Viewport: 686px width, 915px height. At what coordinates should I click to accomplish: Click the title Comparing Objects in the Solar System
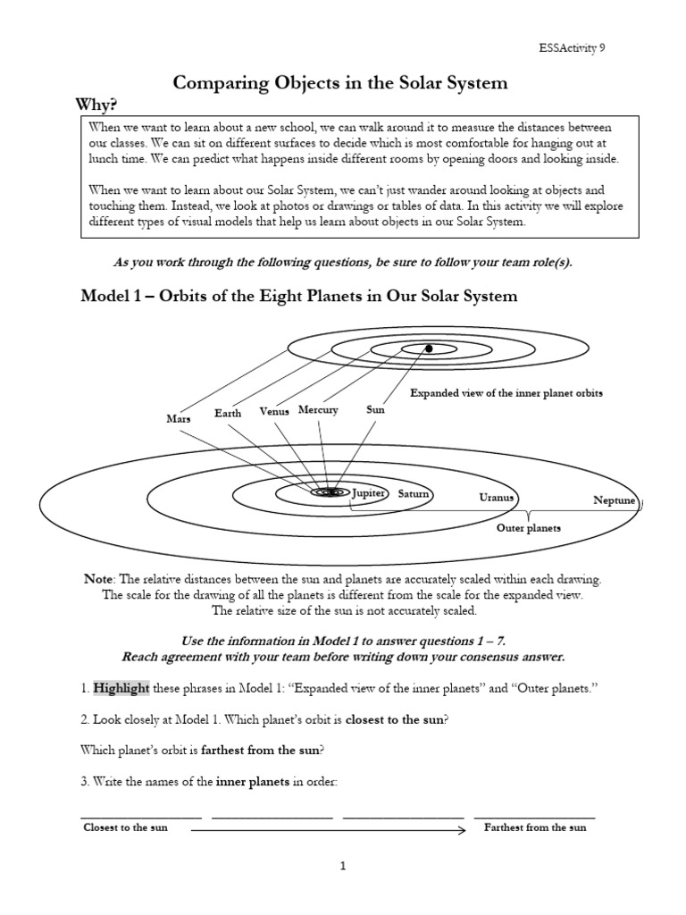340,83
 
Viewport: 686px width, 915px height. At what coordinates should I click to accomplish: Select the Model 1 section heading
299,296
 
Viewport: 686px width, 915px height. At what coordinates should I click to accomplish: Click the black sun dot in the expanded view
429,348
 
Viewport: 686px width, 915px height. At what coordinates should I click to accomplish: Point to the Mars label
179,418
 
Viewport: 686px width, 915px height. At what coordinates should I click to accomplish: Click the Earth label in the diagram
228,414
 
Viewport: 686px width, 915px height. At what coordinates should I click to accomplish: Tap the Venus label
275,411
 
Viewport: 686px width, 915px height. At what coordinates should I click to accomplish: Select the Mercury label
318,410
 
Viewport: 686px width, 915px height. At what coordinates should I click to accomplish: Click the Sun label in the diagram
375,410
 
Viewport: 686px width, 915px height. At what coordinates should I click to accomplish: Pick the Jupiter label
368,493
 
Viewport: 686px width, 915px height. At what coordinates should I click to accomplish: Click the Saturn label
414,493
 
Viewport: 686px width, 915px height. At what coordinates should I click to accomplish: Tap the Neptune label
615,500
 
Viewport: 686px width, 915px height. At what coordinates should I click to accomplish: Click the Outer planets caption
529,528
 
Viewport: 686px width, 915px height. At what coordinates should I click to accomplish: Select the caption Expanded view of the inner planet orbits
506,393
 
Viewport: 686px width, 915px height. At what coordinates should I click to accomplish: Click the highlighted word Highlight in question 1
121,689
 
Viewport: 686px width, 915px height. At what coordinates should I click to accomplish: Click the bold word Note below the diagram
99,578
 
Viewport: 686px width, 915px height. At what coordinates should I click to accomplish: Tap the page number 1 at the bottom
342,866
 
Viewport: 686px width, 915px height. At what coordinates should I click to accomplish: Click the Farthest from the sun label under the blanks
535,827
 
